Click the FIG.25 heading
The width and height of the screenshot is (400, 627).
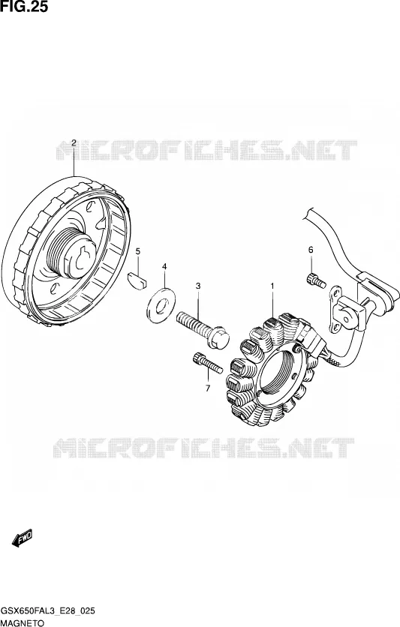point(24,7)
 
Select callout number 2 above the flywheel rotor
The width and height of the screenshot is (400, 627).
point(74,142)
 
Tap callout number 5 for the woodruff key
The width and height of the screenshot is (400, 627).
point(138,251)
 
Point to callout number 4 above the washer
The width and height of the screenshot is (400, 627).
point(164,267)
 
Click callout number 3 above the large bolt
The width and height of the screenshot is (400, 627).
point(198,286)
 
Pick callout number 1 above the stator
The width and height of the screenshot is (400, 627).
point(272,286)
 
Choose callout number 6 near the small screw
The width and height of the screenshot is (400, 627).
point(311,250)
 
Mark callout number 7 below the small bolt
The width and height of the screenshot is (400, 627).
point(208,388)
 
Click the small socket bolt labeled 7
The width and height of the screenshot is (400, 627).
point(207,362)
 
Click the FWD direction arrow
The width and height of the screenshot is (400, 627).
point(23,538)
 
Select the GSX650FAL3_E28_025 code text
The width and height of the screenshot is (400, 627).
point(47,611)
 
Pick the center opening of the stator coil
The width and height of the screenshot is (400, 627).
point(278,369)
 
